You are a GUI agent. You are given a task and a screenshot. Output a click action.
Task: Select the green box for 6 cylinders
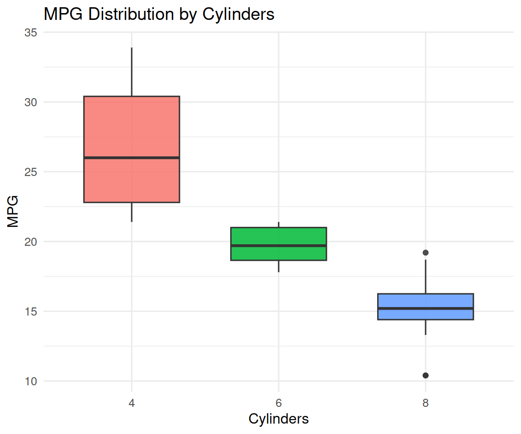[279, 236]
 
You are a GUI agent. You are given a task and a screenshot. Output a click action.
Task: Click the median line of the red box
[132, 157]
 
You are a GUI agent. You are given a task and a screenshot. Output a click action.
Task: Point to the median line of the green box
[279, 245]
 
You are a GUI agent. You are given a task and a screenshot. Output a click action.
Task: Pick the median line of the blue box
[426, 308]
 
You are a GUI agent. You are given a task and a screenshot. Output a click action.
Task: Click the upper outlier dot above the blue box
[426, 252]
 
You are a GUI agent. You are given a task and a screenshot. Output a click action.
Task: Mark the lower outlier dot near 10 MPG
[426, 375]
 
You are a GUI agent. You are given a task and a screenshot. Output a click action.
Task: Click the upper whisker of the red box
[132, 72]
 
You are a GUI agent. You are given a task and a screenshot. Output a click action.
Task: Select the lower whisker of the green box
[279, 266]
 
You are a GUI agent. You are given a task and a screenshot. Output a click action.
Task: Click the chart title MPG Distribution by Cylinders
[159, 14]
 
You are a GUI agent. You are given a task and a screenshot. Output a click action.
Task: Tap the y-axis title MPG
[13, 211]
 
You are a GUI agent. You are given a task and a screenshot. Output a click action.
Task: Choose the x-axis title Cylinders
[279, 419]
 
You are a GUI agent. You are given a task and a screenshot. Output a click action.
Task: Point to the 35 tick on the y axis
[31, 33]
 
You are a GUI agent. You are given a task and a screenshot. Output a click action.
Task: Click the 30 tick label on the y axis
[31, 102]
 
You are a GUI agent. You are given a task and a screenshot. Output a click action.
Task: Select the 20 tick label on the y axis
[31, 241]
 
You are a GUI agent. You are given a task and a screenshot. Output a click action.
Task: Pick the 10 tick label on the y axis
[31, 381]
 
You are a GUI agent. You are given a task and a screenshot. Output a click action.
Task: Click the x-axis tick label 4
[132, 403]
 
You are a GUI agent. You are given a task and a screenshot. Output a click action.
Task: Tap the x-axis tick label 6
[279, 403]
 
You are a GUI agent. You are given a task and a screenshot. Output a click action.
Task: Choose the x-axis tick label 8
[426, 403]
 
